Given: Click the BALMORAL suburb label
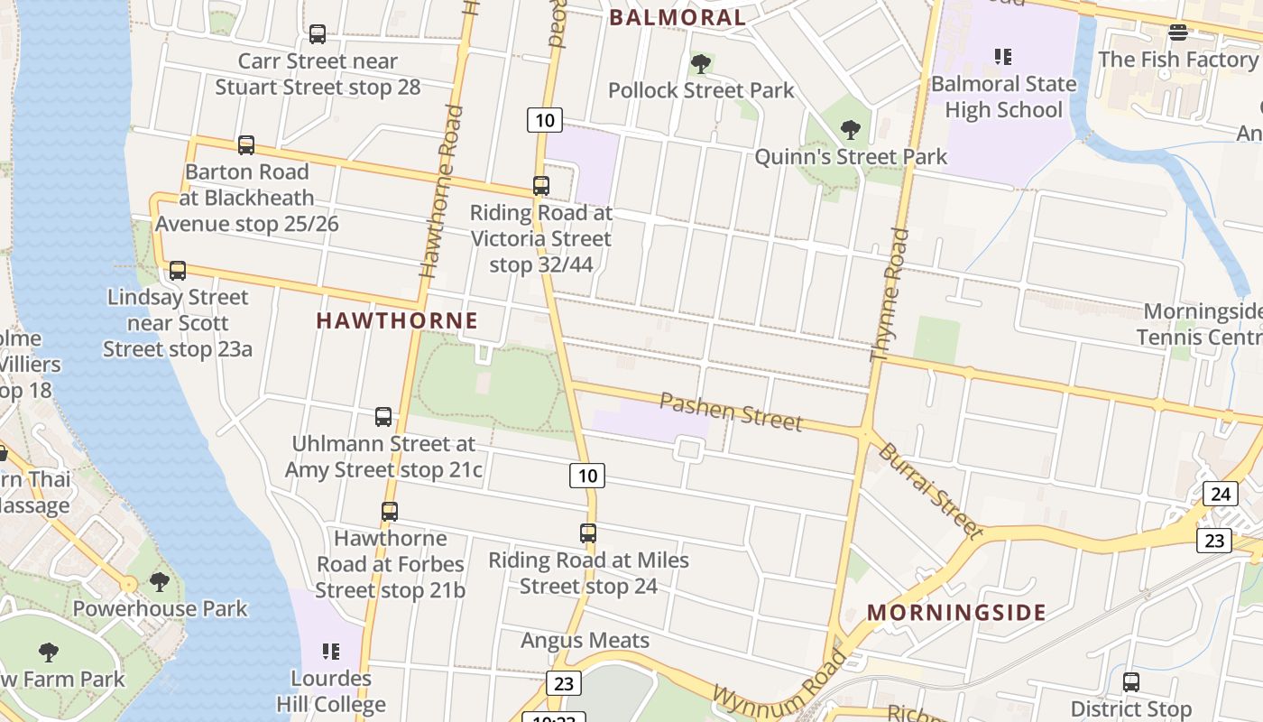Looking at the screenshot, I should click(x=678, y=17).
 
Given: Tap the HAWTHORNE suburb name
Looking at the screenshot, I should click(x=397, y=320).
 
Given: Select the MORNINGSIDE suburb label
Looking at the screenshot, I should click(x=956, y=613).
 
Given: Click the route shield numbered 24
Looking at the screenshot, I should click(x=1221, y=494).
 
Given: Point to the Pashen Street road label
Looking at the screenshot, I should click(x=731, y=411).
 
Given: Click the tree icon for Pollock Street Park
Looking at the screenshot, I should click(x=700, y=64).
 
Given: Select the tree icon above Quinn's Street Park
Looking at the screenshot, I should click(x=850, y=130).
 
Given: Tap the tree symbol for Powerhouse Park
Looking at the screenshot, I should click(x=160, y=582).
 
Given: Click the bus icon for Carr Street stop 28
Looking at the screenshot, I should click(x=318, y=34).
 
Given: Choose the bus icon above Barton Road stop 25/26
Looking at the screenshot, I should click(x=245, y=145).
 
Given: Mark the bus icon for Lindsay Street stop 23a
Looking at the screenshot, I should click(x=178, y=271).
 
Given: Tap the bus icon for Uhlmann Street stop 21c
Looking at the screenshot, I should click(x=383, y=417).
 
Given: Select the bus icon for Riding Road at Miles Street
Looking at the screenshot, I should click(x=588, y=533).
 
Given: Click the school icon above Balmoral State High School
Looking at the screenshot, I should click(x=1003, y=58).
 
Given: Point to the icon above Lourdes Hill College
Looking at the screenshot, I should click(x=331, y=652).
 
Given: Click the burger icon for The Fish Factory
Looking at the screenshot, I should click(x=1177, y=33).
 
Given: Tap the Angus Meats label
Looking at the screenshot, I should click(x=585, y=641).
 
